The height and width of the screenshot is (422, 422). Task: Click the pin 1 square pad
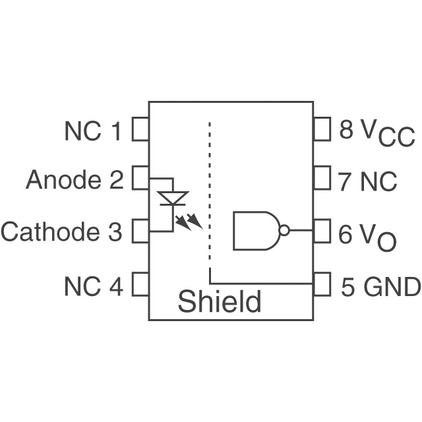[x=140, y=129]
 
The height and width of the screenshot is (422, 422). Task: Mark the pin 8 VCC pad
[x=321, y=129]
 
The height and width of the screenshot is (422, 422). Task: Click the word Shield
[x=220, y=302]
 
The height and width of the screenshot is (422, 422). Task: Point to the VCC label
[x=388, y=133]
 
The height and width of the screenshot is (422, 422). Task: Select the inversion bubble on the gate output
[x=284, y=231]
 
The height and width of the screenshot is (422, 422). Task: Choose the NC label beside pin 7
[x=378, y=181]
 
